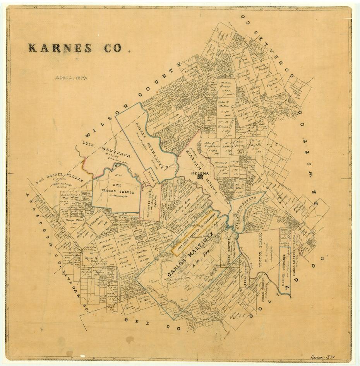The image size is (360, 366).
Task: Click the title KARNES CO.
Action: pyautogui.click(x=74, y=48)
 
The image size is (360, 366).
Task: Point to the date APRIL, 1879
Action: pyautogui.click(x=71, y=77)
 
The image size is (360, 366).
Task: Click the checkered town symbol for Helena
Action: pyautogui.click(x=201, y=176)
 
